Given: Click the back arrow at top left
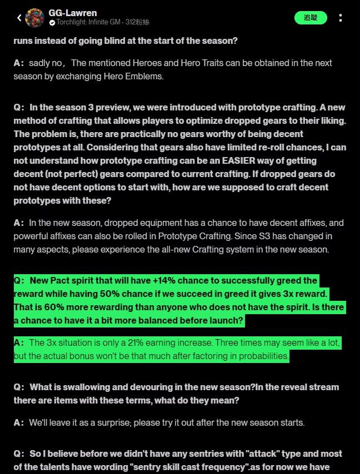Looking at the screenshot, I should tap(19, 18).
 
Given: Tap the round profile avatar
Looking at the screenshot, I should tap(35, 18).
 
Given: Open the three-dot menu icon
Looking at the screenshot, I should tap(340, 18).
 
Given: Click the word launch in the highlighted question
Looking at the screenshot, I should tap(223, 321).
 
